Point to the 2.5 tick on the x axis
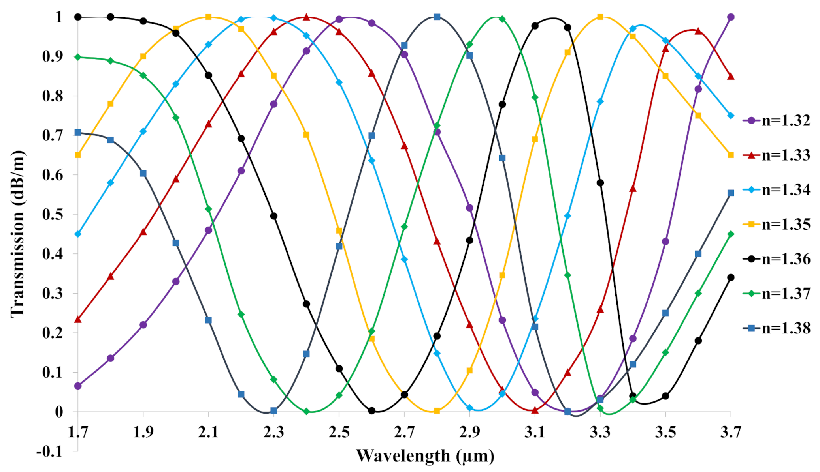(x=339, y=433)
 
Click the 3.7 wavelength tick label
(x=730, y=433)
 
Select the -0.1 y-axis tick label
(x=50, y=451)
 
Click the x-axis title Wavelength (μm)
(x=425, y=456)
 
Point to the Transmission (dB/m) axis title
(x=18, y=234)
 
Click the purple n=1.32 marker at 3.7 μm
(x=731, y=17)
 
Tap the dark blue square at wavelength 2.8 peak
(x=437, y=17)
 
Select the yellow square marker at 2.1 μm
(x=208, y=17)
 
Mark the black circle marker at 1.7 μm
(x=78, y=17)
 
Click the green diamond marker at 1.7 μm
(x=78, y=57)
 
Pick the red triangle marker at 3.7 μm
(x=731, y=76)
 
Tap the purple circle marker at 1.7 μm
(x=78, y=386)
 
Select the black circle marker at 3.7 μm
(x=731, y=277)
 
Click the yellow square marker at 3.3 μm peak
(x=600, y=17)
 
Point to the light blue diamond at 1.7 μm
(x=78, y=234)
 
